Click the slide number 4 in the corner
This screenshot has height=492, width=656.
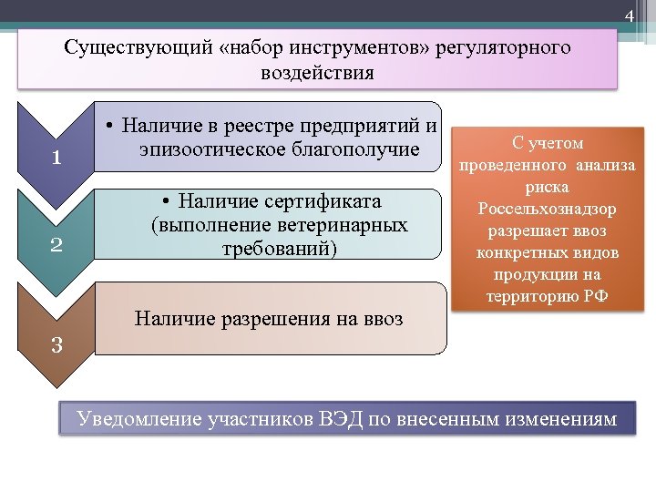(628, 18)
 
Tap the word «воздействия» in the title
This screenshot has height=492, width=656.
(317, 73)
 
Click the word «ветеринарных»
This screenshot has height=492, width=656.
(344, 224)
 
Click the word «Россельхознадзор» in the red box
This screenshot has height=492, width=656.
(547, 210)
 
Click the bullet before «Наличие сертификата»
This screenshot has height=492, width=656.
(165, 200)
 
